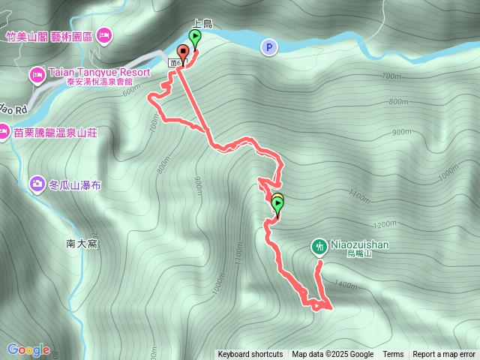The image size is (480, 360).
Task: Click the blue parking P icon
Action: coord(268,47)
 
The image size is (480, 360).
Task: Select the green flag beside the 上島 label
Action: coord(196,37)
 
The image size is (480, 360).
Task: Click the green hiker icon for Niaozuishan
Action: coord(319,245)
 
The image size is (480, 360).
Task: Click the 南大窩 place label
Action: coord(82,244)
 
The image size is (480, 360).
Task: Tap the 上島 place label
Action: coord(203,24)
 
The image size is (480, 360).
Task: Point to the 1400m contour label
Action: coord(346,284)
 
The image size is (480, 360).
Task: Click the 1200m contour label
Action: coord(383,224)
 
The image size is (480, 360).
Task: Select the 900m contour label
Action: coord(198,184)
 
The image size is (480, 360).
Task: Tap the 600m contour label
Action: coord(131,89)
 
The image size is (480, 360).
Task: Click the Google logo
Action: coord(28,349)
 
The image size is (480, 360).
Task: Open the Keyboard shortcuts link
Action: coord(250,355)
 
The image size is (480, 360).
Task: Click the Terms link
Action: coord(393,355)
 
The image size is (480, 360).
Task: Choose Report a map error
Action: coord(444,355)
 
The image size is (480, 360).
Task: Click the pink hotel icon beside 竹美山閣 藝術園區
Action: coord(104,34)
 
